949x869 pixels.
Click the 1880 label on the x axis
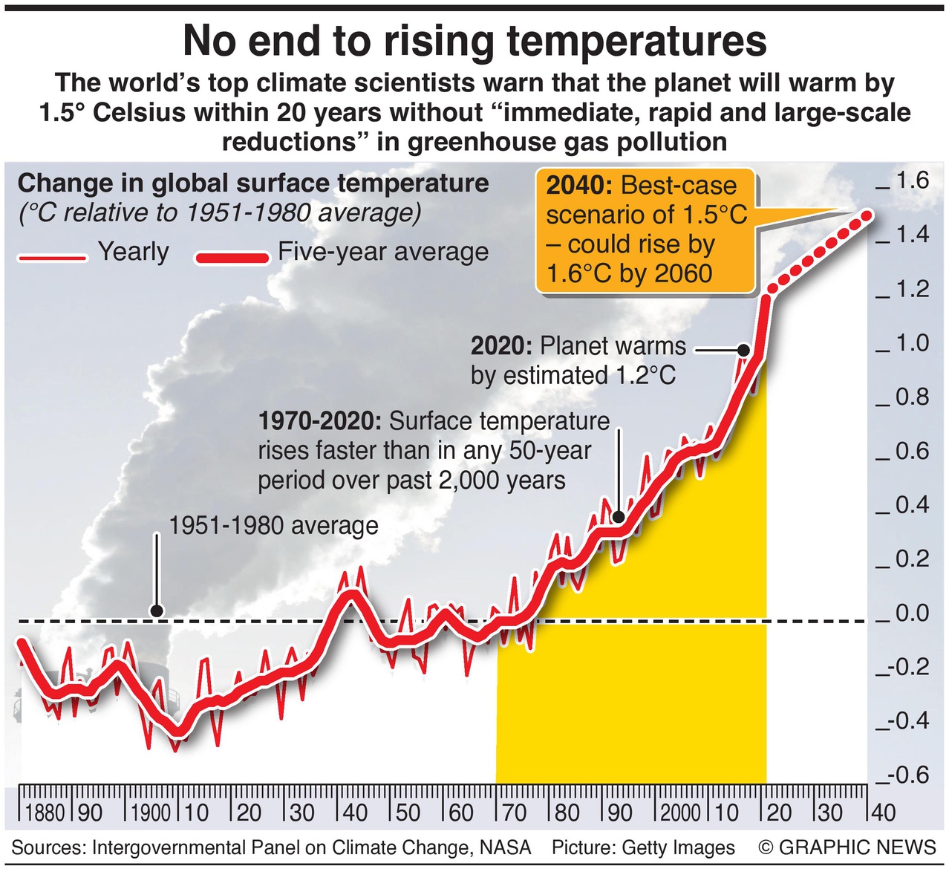tap(45, 812)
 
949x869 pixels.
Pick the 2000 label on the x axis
tap(680, 812)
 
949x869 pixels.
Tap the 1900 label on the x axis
tap(151, 812)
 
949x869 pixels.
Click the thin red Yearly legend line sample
tap(51, 258)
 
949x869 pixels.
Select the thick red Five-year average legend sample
tap(232, 258)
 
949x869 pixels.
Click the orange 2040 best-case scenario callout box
tap(645, 230)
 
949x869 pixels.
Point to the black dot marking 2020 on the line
tap(742, 349)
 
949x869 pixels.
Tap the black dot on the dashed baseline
tap(156, 611)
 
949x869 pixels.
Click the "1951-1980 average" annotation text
tap(273, 526)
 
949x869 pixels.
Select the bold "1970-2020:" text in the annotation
tap(319, 421)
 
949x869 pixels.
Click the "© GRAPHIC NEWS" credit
tap(847, 847)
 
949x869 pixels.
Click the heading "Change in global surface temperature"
tap(253, 183)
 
